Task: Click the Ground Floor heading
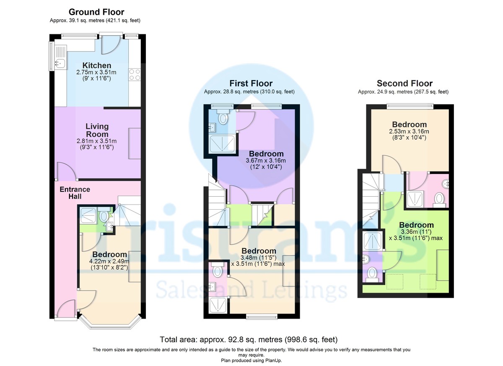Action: coord(96,12)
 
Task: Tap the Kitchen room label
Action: coord(97,65)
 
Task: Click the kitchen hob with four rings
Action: coord(135,74)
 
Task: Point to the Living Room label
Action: coord(97,130)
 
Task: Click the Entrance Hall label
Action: coord(75,193)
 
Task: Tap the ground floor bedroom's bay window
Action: coord(110,324)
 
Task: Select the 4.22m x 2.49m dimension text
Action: coord(109,261)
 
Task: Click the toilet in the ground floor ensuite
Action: coord(103,216)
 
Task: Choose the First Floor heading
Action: coord(251,83)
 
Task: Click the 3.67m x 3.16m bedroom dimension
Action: coord(265,161)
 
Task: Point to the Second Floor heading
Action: coord(404,83)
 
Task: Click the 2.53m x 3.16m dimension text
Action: coord(409,131)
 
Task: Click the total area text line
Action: coord(249,339)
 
